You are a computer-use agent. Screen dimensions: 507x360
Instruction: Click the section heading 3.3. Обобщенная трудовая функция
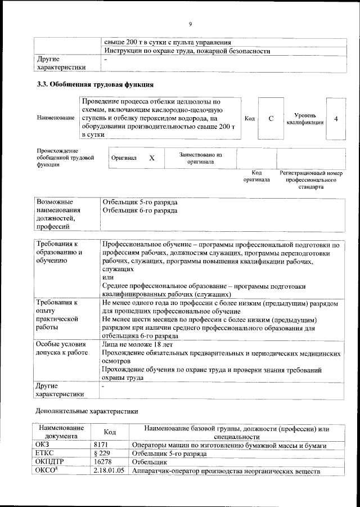(x=94, y=86)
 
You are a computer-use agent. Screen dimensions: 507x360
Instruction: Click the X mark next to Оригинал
(x=151, y=158)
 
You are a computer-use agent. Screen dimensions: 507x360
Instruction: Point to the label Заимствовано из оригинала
(x=200, y=158)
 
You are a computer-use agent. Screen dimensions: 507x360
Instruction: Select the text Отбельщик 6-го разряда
(x=140, y=210)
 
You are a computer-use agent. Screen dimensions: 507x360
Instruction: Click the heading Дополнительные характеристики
(x=87, y=411)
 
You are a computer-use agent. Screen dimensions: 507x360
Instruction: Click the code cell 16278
(x=102, y=461)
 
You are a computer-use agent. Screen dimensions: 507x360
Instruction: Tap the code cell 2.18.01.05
(x=109, y=470)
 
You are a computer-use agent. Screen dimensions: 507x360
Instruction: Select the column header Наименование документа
(x=61, y=432)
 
